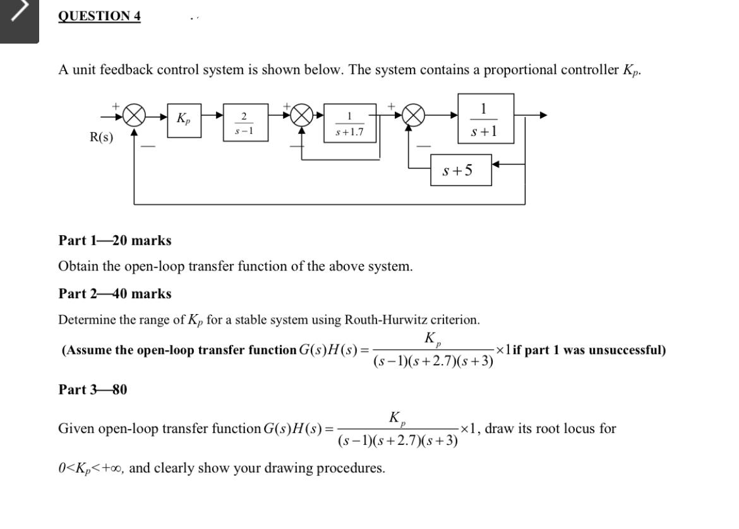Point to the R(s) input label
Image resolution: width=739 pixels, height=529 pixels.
coord(101,138)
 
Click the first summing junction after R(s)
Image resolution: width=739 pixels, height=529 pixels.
coord(134,116)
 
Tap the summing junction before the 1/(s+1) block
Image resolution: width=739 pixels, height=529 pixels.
coord(412,116)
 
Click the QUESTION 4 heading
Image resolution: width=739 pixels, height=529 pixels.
coord(99,16)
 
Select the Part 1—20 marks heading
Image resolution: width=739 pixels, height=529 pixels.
coord(114,240)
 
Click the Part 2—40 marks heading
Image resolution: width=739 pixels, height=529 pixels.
coord(114,293)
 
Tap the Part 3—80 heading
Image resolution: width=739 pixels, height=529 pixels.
coord(92,389)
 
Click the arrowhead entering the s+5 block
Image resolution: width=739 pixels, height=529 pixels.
coord(496,164)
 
